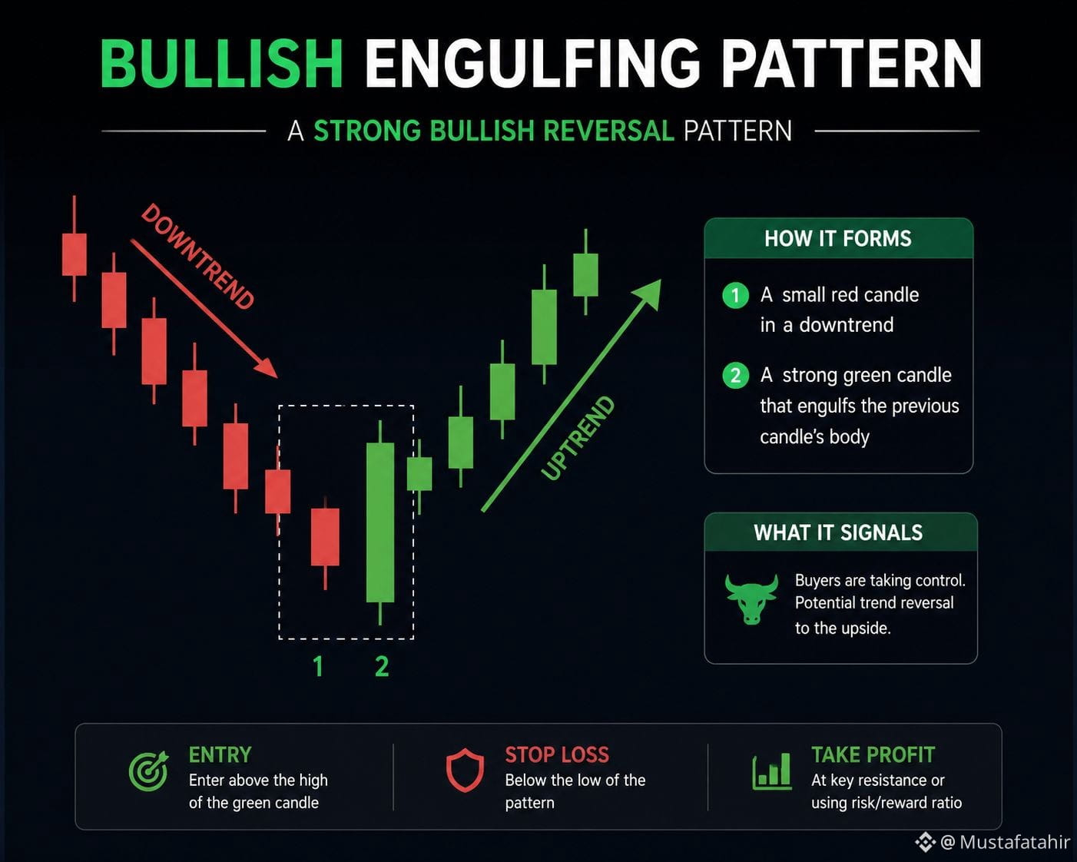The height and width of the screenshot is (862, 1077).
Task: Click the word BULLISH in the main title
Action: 222,64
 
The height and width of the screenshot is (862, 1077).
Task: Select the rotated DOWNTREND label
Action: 197,257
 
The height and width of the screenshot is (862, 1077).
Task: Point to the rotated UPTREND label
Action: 578,438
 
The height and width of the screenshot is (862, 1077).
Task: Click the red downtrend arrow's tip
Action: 277,377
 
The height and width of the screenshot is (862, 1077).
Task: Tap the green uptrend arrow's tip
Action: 661,280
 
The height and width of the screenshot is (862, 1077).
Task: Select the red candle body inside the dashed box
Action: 325,537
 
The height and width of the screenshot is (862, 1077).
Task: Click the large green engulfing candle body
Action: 380,522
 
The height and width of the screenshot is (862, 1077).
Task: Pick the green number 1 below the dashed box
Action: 318,666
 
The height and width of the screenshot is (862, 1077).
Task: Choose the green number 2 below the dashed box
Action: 382,666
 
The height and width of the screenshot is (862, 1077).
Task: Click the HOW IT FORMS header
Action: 838,238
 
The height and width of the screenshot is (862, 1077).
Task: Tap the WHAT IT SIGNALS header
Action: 838,532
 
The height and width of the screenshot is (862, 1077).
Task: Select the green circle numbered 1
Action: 735,295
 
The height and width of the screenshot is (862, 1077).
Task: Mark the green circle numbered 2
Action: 735,376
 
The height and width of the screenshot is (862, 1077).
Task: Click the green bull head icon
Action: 751,599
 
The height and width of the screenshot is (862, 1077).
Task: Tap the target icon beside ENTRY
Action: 148,771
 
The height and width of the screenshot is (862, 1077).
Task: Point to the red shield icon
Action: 465,771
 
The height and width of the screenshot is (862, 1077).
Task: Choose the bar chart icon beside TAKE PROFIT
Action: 772,771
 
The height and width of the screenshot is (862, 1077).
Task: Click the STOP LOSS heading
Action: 557,755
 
